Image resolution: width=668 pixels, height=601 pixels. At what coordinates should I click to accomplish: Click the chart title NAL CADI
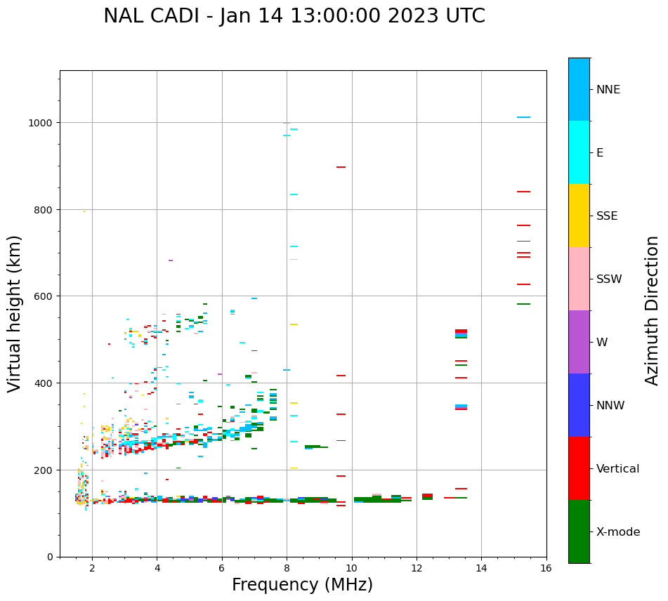(x=294, y=16)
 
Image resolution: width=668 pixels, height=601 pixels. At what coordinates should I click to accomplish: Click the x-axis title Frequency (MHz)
(x=302, y=585)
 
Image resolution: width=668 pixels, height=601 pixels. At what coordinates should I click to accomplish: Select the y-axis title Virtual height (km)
(x=15, y=313)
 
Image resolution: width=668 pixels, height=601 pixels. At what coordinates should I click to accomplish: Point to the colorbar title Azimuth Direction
(x=653, y=310)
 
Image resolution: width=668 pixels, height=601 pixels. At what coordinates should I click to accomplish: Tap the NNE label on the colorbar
(x=608, y=89)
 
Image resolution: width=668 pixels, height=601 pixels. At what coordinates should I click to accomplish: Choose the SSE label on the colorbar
(x=607, y=216)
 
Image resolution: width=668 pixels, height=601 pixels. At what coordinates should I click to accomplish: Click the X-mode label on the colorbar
(x=618, y=532)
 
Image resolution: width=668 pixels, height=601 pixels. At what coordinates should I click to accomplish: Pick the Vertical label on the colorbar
(x=618, y=469)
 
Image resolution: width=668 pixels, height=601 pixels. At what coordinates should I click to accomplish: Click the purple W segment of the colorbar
(x=579, y=342)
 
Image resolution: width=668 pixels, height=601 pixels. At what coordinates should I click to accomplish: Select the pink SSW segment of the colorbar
(x=579, y=279)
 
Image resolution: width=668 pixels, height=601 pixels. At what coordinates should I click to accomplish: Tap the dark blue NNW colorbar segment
(x=579, y=405)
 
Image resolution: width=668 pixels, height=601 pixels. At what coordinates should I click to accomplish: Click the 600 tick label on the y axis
(x=44, y=296)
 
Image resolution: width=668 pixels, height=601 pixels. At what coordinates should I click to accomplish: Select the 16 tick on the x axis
(x=546, y=569)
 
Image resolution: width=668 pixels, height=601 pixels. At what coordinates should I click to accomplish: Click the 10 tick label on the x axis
(x=351, y=569)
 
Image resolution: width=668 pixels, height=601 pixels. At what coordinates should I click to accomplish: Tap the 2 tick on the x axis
(x=92, y=569)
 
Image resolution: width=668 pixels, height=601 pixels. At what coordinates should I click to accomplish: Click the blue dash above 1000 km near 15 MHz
(x=523, y=117)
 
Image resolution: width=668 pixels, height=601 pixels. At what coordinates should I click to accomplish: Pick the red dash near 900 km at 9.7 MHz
(x=341, y=167)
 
